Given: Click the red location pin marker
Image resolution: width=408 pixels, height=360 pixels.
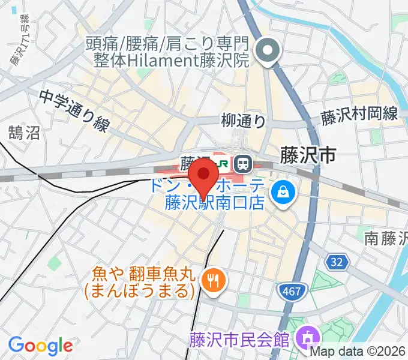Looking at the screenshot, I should (203, 176).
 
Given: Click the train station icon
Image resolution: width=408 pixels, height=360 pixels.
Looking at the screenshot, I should (243, 162).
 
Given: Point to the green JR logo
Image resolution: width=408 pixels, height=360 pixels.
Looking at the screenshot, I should (222, 163).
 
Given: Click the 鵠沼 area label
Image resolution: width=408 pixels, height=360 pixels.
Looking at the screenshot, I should (24, 133).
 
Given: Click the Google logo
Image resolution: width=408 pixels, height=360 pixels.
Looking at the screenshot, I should (40, 346).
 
